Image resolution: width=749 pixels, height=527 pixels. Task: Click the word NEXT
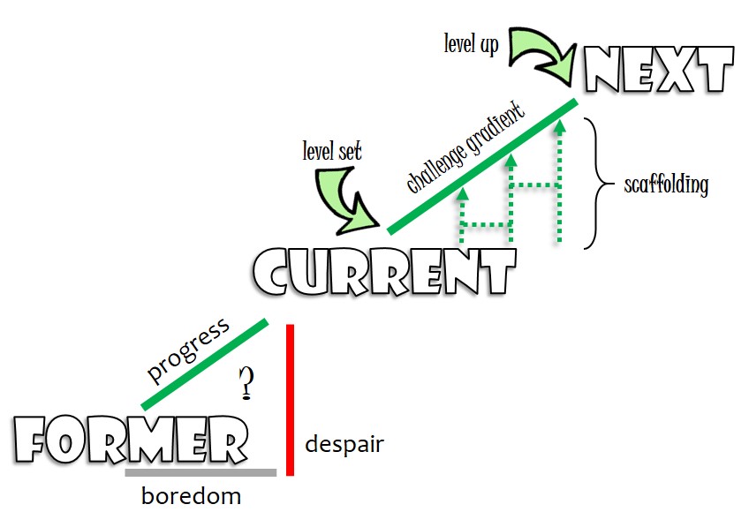click(x=659, y=69)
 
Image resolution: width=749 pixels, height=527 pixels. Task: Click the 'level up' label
click(x=471, y=44)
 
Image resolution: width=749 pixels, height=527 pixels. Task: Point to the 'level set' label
click(x=331, y=152)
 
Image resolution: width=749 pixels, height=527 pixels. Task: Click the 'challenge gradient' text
click(x=465, y=147)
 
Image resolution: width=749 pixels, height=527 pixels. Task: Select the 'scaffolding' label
click(x=666, y=185)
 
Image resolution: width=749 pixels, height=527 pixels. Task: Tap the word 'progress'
click(x=188, y=349)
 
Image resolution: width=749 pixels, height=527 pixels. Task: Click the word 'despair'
click(x=344, y=444)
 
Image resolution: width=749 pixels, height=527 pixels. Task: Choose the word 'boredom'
click(x=191, y=496)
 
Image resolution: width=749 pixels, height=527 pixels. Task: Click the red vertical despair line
click(x=289, y=399)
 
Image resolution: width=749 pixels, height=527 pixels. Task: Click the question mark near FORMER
click(x=246, y=382)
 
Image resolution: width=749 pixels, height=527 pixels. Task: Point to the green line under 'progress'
click(x=204, y=364)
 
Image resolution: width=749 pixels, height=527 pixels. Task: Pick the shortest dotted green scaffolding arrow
click(x=460, y=216)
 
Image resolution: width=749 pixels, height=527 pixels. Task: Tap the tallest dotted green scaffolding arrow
click(x=559, y=181)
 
